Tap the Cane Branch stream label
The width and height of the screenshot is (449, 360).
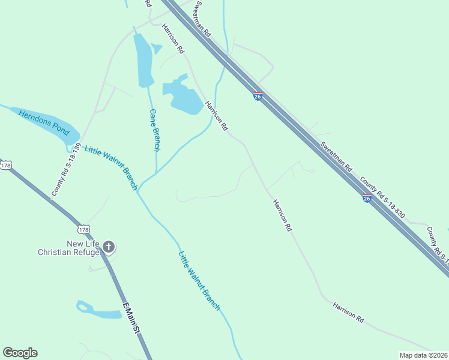click(155, 130)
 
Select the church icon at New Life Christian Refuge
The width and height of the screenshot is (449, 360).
click(109, 246)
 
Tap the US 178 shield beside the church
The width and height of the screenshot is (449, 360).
click(83, 229)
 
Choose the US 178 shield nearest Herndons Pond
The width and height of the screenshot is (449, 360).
click(5, 165)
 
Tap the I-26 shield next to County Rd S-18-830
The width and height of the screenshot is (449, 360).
click(367, 198)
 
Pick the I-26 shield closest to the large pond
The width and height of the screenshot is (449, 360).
click(257, 96)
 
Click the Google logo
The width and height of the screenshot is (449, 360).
click(20, 353)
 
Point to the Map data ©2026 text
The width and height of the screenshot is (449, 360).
click(423, 355)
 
